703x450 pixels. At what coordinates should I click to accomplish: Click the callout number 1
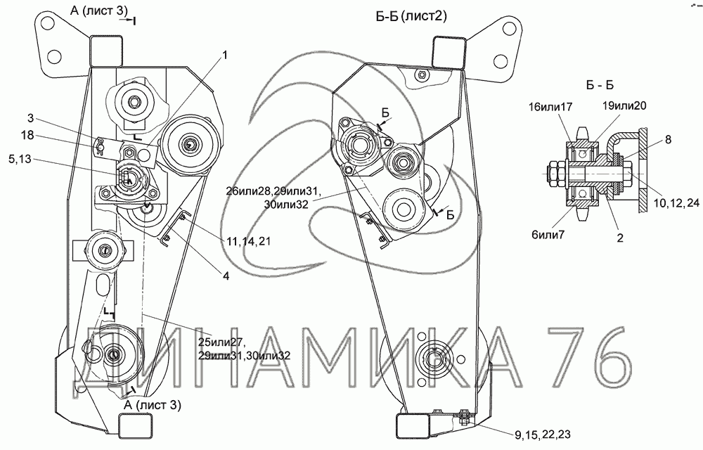click(225, 55)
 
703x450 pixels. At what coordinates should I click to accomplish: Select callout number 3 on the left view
click(30, 118)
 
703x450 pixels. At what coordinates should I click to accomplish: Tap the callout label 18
click(27, 135)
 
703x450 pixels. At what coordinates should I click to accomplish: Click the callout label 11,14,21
click(248, 241)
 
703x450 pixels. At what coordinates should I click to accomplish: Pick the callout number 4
click(226, 276)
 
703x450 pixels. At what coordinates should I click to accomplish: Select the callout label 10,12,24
click(676, 202)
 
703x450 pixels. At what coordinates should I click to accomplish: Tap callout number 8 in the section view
click(668, 139)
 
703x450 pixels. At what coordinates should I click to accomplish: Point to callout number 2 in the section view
click(620, 237)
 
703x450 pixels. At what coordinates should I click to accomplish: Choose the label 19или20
click(624, 105)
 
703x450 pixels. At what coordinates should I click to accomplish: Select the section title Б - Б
click(600, 85)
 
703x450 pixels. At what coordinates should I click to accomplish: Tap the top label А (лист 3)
click(99, 11)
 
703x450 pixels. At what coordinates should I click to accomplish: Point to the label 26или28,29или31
click(273, 192)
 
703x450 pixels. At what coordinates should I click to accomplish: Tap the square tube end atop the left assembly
click(106, 50)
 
